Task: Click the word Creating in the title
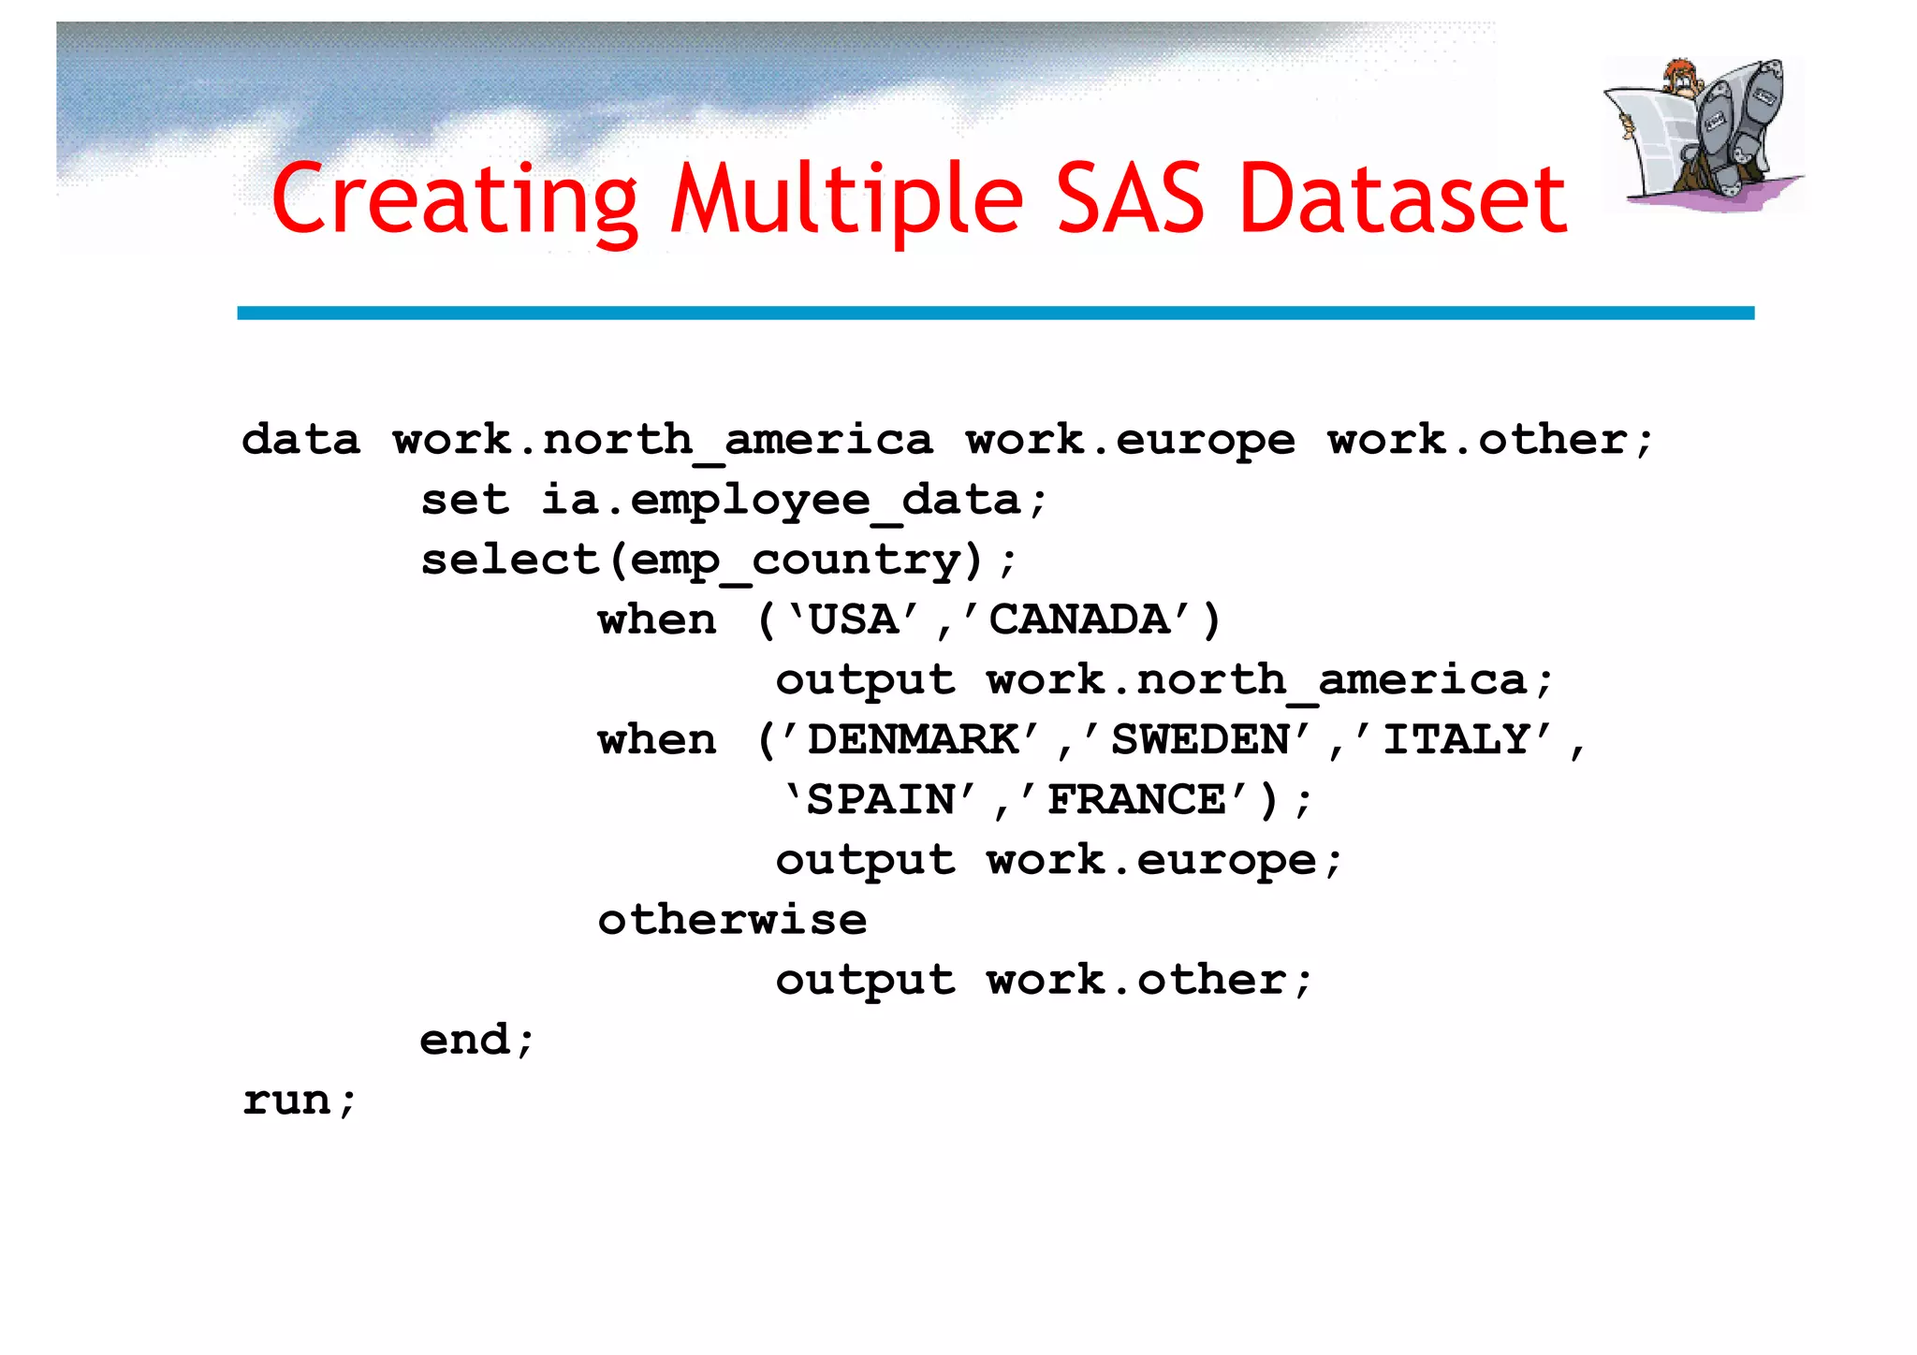[455, 198]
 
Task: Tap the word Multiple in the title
[847, 198]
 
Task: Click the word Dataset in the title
[1402, 198]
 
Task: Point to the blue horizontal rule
[995, 313]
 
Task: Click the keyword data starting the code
[300, 440]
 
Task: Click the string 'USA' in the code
[854, 620]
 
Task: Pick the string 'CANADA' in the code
[1078, 620]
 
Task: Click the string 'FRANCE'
[1135, 800]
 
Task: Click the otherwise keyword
[732, 920]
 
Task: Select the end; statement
[476, 1040]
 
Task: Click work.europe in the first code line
[1131, 440]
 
